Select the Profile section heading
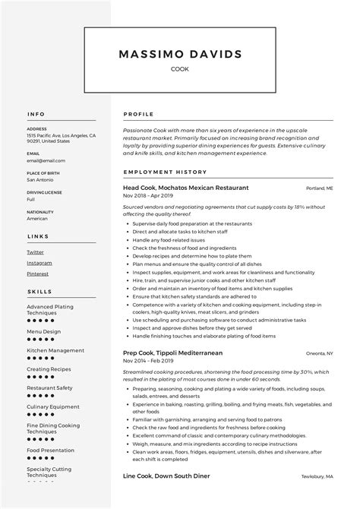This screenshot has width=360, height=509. [138, 114]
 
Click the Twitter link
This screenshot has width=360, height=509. [35, 251]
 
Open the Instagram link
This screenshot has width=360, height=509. [39, 262]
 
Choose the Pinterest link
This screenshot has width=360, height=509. [37, 273]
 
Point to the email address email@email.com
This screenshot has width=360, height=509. [46, 160]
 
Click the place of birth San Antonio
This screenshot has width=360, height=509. [41, 180]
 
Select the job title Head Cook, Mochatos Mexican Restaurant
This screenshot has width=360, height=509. [185, 188]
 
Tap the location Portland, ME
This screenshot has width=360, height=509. [320, 188]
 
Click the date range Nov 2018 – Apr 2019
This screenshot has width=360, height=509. [149, 197]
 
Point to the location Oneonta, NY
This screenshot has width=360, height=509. [319, 353]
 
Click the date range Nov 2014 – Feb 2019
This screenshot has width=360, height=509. [149, 362]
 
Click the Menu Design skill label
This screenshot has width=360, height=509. [43, 331]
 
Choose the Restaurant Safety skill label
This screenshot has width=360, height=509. [49, 387]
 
